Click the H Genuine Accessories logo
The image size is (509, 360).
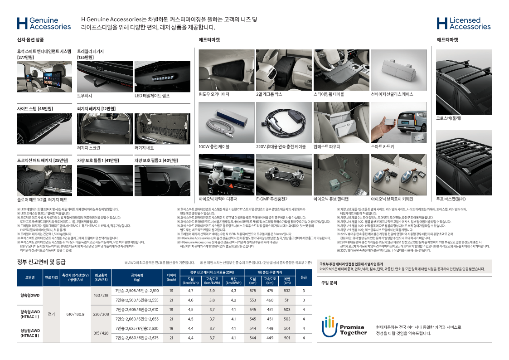tap(44, 24)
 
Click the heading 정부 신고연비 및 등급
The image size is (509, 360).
tap(41, 262)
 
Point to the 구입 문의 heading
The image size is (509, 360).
tap(329, 282)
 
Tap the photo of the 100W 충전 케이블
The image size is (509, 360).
tap(227, 122)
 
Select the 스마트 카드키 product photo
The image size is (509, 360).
tap(398, 122)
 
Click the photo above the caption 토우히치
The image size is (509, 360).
tap(105, 77)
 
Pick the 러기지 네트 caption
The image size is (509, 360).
tap(144, 147)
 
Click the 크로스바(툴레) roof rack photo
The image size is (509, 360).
tap(463, 82)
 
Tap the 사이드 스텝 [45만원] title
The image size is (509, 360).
tap(35, 109)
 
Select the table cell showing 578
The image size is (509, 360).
tap(252, 290)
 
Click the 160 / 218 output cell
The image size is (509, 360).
tap(101, 295)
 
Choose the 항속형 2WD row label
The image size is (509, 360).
tap(30, 295)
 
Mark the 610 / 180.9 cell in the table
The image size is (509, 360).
tap(75, 314)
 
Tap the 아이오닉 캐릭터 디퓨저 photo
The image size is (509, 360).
tap(227, 175)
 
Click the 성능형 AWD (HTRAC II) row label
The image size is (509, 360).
tap(30, 333)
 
